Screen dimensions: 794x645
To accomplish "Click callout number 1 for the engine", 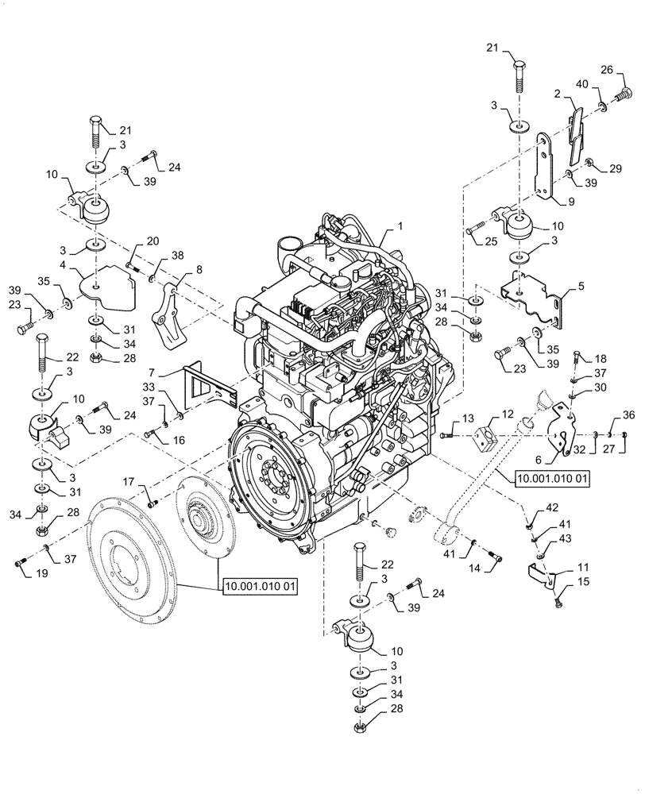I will (x=400, y=226).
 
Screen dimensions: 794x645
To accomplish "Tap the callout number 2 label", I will (x=558, y=94).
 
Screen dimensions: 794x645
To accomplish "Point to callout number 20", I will (x=153, y=241).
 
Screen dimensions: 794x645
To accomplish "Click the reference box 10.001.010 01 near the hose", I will (x=553, y=479).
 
